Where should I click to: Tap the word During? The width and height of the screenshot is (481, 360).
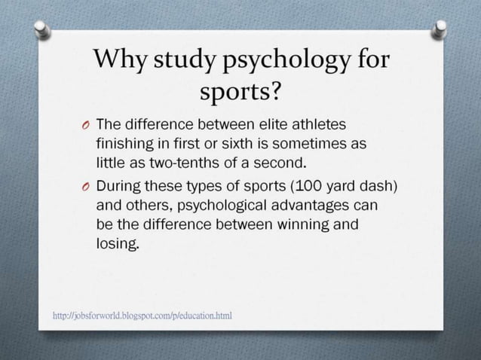(x=122, y=186)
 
